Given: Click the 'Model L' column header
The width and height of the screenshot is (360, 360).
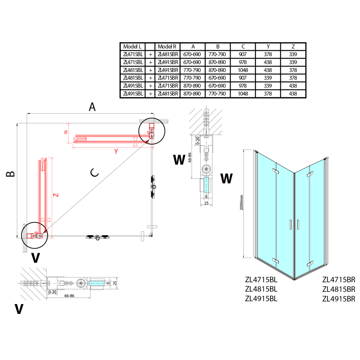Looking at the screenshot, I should [x=132, y=47].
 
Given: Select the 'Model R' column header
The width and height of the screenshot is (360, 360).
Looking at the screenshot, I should [x=167, y=47].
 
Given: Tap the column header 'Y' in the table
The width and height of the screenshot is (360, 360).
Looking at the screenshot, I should [x=268, y=47].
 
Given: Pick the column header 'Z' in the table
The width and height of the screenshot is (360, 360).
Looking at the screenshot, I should [x=293, y=47].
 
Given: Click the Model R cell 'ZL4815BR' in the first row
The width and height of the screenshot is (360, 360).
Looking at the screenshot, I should [x=167, y=54].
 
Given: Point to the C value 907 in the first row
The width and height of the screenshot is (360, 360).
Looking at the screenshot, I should [x=243, y=54].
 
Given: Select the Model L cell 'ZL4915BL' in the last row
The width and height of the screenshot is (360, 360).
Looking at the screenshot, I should [x=132, y=94].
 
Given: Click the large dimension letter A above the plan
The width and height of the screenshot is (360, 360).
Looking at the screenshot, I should [x=92, y=107].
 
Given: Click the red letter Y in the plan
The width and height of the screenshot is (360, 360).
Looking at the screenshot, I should [x=115, y=152].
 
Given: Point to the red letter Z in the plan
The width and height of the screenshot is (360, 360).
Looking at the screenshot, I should [x=55, y=195].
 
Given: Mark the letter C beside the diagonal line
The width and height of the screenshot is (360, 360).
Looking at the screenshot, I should [x=94, y=172].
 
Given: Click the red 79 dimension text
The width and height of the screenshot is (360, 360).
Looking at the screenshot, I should [x=66, y=133].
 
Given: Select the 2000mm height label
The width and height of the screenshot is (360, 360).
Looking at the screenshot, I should [x=242, y=203].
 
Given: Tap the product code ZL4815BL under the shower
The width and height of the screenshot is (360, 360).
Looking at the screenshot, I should [x=261, y=289].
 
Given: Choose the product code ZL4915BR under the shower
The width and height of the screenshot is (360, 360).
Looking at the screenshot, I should [x=339, y=299].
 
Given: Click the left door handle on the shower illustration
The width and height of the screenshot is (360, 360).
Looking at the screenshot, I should [x=290, y=224].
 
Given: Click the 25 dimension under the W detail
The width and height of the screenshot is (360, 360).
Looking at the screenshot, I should [x=206, y=203].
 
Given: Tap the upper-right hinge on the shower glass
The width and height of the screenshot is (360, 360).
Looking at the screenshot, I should [x=309, y=174].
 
